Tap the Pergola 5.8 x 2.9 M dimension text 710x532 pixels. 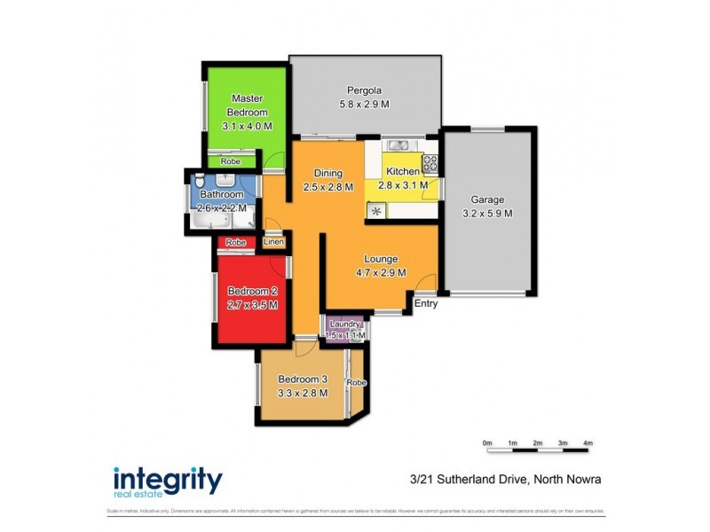(365, 104)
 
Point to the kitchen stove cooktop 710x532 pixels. (430, 163)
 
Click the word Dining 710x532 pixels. (327, 174)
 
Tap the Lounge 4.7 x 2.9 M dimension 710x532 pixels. (382, 273)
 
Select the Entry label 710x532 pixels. (426, 304)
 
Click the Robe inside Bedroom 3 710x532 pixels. (358, 382)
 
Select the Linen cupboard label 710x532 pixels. (273, 242)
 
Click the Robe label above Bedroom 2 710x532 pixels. (235, 242)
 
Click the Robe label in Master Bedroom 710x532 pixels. (231, 161)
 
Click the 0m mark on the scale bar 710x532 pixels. (487, 442)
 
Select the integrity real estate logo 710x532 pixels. (167, 481)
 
